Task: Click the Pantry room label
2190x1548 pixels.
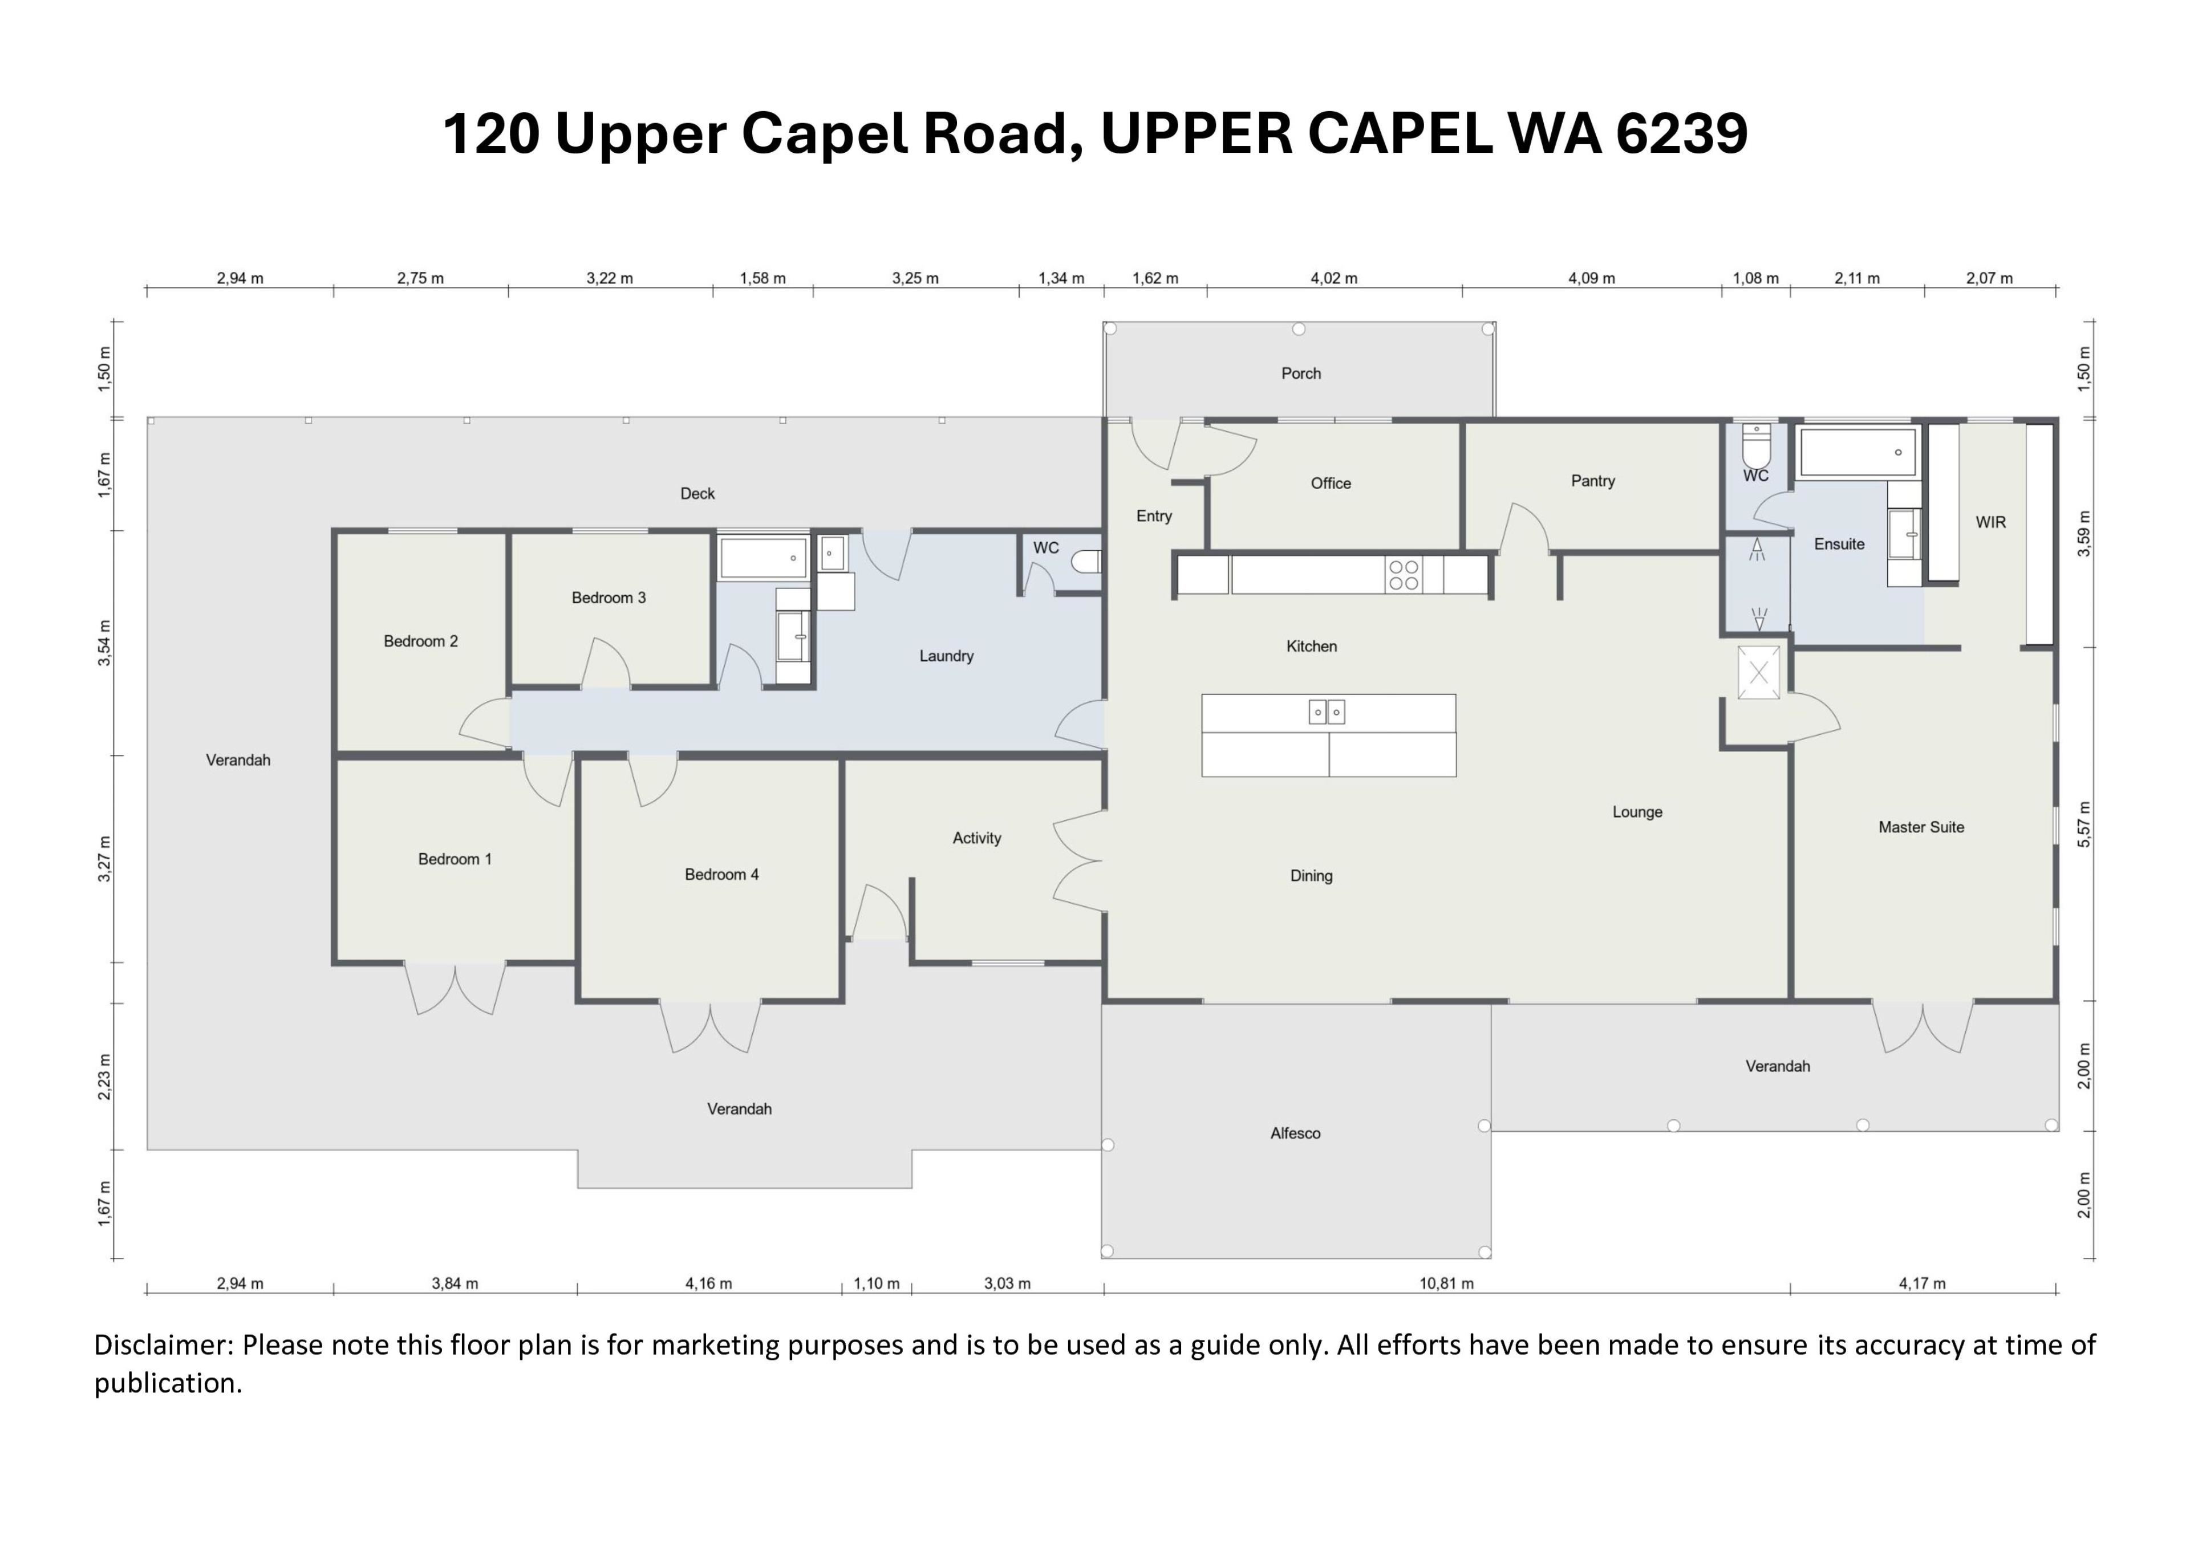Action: click(1593, 481)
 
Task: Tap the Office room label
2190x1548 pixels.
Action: click(1331, 484)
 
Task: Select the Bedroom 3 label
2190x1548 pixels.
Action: click(609, 598)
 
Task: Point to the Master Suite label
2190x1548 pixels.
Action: click(1921, 827)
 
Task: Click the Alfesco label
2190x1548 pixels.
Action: click(1295, 1133)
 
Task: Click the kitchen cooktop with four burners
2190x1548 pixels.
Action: click(1403, 575)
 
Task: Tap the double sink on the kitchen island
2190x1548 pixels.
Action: click(1327, 712)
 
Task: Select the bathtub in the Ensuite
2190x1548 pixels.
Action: click(1856, 452)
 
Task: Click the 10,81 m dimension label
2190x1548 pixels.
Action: click(1446, 1284)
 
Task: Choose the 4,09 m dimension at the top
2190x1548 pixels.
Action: click(1591, 278)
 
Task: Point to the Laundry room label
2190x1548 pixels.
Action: click(946, 656)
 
